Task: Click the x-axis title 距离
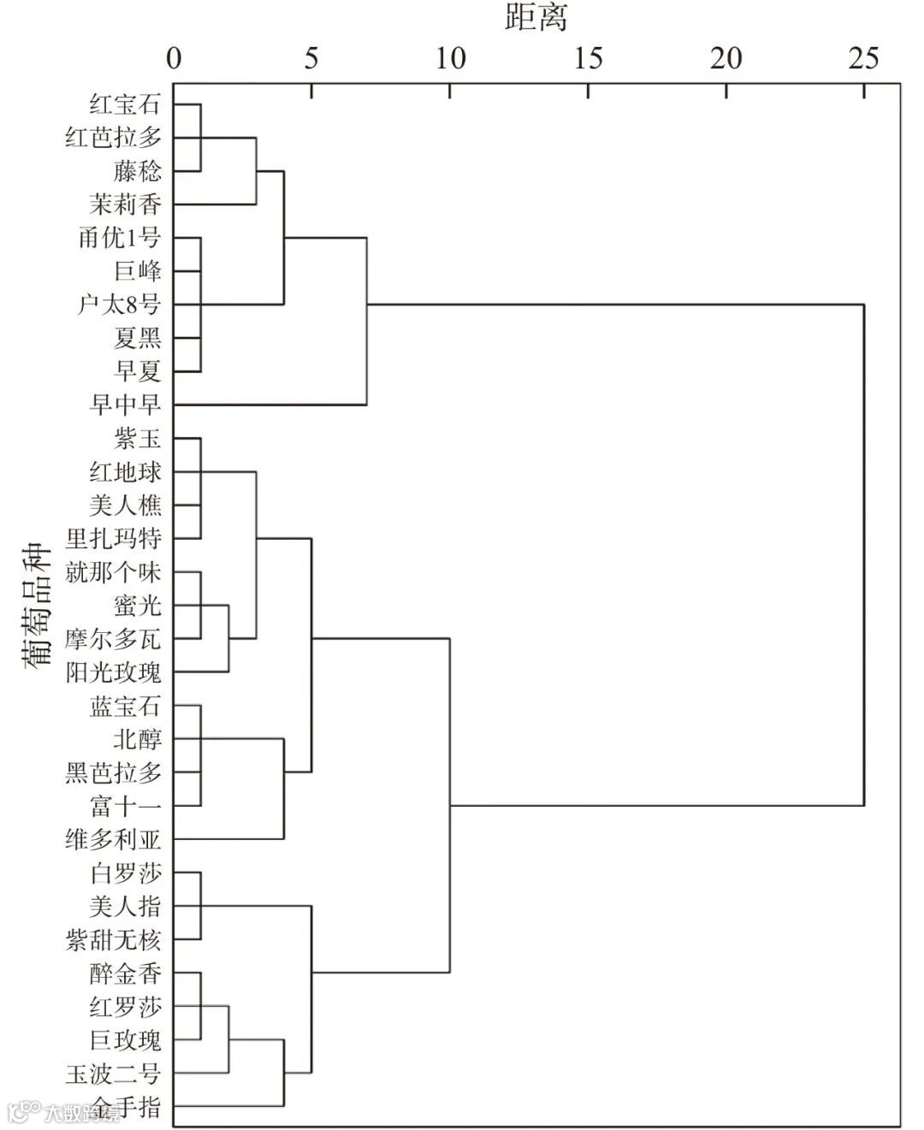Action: (x=536, y=17)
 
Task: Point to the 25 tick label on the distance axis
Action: (x=863, y=58)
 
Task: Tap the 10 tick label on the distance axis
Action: (x=450, y=58)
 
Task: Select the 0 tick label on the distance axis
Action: (x=174, y=58)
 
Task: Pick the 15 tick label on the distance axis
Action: (x=588, y=58)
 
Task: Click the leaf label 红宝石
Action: (x=125, y=104)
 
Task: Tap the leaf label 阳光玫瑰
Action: (x=113, y=672)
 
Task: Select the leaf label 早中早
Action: (x=125, y=405)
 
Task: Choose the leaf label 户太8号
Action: (x=119, y=305)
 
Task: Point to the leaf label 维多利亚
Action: (x=113, y=839)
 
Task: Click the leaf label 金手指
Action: (x=125, y=1106)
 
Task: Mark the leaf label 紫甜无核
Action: (x=113, y=940)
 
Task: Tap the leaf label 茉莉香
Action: (x=125, y=204)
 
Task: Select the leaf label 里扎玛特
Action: (x=113, y=539)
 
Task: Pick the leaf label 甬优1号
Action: (x=119, y=238)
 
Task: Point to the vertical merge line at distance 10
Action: (x=450, y=805)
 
